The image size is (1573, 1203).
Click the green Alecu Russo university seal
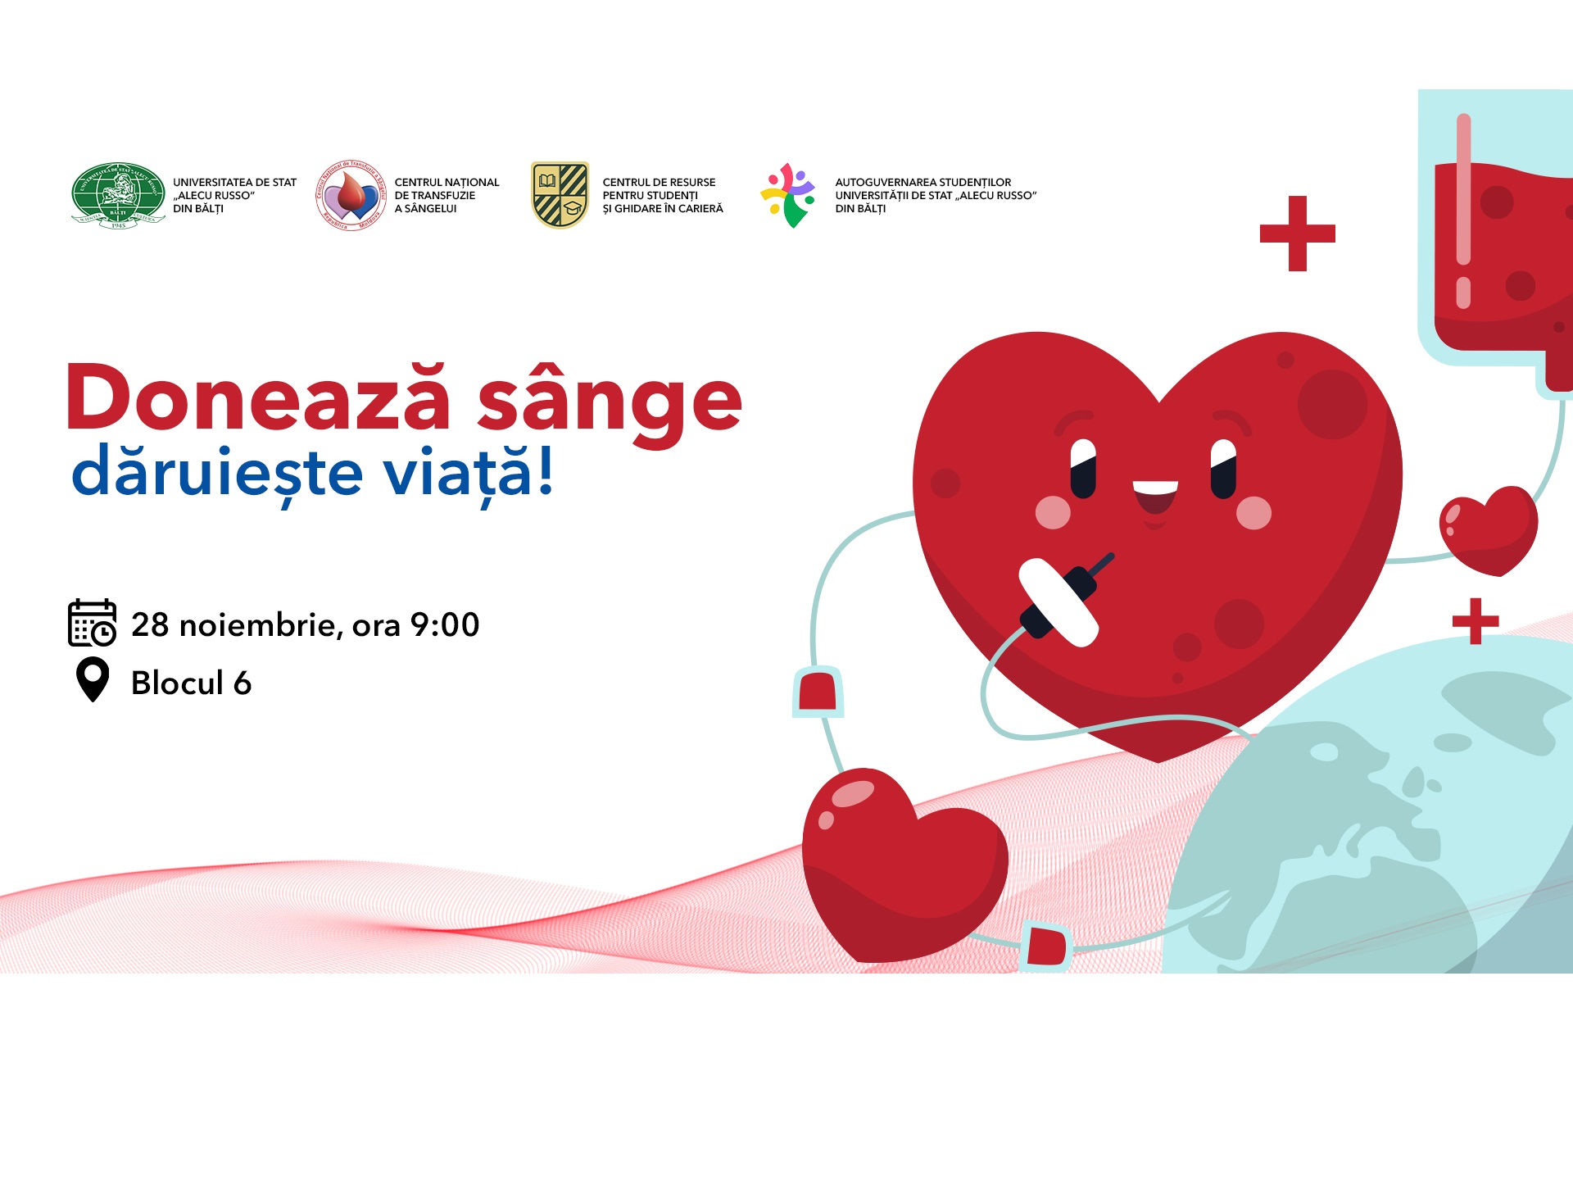coord(118,195)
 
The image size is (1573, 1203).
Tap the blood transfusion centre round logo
coord(351,195)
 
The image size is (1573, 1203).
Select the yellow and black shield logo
coord(560,195)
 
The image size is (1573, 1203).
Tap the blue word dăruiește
coord(217,474)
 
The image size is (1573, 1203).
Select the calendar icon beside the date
coord(92,623)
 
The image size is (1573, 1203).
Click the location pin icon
coord(93,679)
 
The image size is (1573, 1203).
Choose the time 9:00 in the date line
coord(444,624)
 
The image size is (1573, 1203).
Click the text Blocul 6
coord(191,683)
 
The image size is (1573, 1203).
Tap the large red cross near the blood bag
coord(1297,234)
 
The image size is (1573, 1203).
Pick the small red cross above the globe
coord(1475,621)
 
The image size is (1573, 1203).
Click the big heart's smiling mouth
coord(1155,494)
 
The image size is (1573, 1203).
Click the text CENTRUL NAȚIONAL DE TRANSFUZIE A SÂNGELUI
coord(447,195)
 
